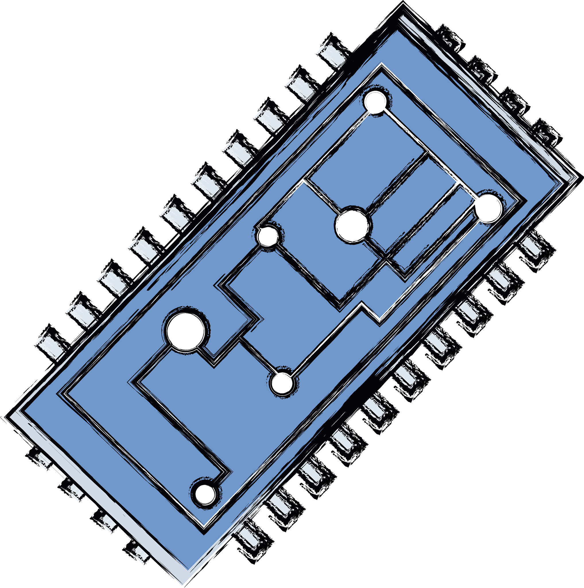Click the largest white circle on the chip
(186, 332)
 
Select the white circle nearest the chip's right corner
(488, 208)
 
